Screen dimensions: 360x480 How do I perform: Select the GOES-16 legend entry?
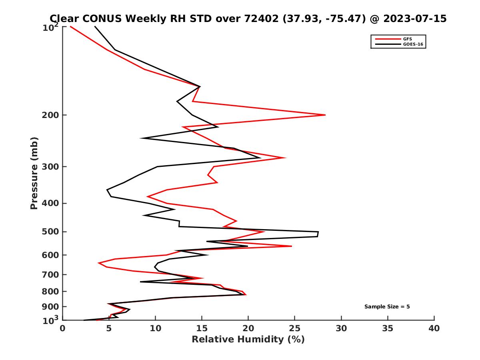tap(412, 44)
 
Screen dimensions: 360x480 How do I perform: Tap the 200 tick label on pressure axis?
tap(52, 115)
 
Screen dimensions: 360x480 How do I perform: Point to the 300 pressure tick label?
tap(52, 167)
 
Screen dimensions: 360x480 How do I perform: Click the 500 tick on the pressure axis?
tap(52, 232)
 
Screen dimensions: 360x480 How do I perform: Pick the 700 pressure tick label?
tap(52, 274)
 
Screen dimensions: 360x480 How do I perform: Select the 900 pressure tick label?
tap(52, 307)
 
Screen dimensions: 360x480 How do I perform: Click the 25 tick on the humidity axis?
tap(295, 328)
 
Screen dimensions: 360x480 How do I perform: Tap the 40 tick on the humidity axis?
tap(434, 328)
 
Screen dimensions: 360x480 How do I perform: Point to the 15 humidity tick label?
tap(202, 328)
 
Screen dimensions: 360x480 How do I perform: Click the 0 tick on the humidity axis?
tap(63, 328)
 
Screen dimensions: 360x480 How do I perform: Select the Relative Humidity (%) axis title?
tap(248, 340)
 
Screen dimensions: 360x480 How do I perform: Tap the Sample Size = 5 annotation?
tap(387, 307)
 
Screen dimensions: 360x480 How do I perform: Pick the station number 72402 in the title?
tap(260, 18)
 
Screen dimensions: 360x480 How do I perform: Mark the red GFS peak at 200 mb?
tap(325, 115)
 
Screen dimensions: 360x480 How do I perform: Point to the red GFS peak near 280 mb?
tap(285, 158)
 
